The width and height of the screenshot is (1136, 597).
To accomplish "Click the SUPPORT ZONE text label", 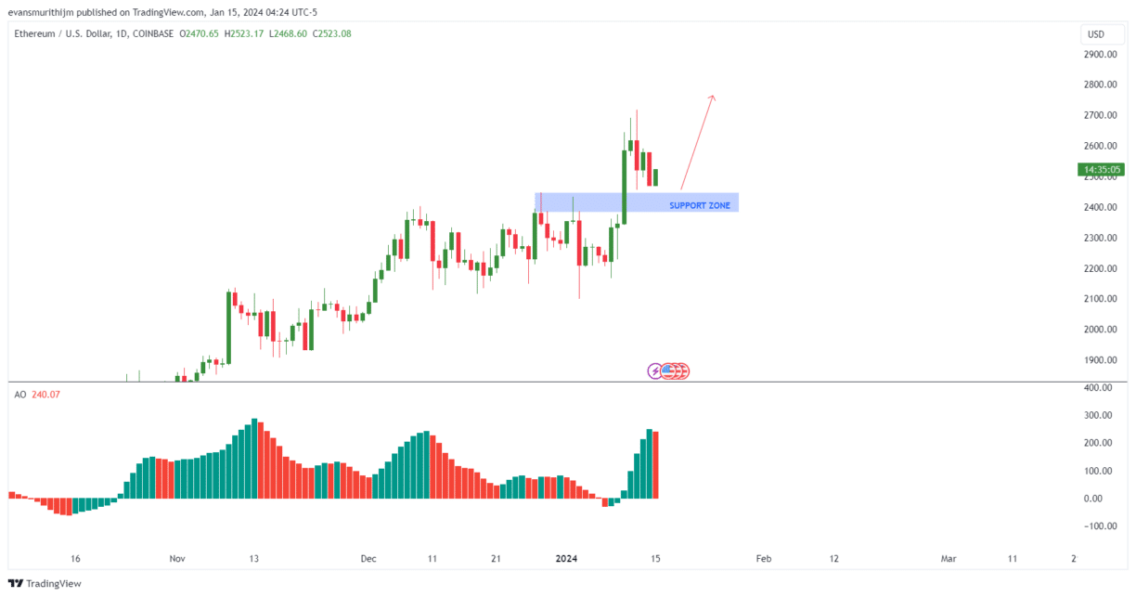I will [700, 205].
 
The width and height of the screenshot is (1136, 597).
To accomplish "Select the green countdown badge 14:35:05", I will [1102, 169].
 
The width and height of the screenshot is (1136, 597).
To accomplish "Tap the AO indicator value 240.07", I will [45, 395].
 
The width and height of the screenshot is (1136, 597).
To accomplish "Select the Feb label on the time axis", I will [763, 559].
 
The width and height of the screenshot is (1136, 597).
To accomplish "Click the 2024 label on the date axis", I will [566, 559].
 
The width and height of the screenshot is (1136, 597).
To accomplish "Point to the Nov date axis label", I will [178, 559].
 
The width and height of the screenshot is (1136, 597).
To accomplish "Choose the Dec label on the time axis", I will [368, 559].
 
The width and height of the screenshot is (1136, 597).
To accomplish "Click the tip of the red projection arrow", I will [713, 96].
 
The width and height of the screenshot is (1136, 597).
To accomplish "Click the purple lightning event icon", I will [655, 371].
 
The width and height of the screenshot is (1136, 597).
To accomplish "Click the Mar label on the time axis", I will [949, 559].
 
